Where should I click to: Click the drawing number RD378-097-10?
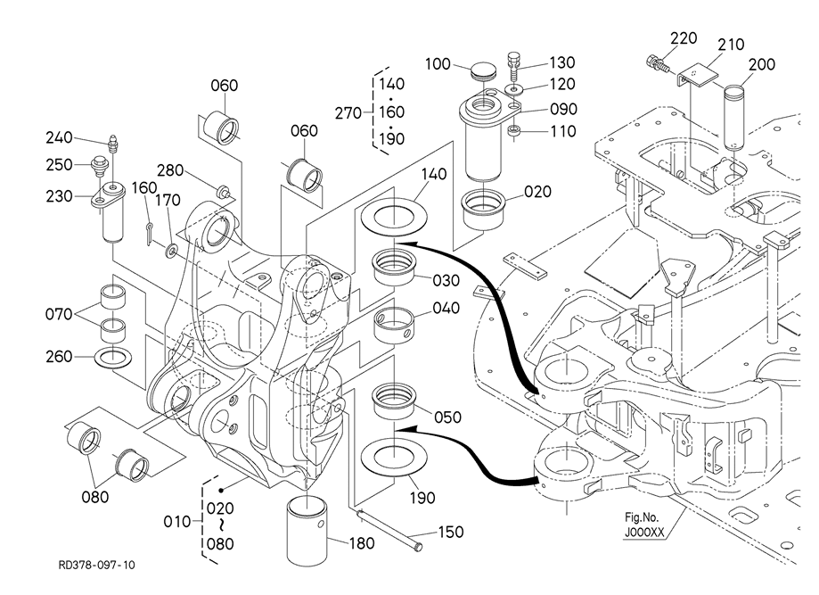pos(97,565)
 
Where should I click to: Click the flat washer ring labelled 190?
pos(390,457)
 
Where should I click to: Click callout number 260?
pos(61,357)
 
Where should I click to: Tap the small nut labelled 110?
pos(513,133)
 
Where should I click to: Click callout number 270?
pos(347,112)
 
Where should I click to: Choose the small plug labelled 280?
pos(223,189)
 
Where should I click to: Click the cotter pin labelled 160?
pos(150,231)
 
